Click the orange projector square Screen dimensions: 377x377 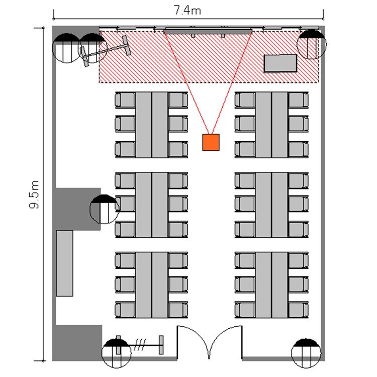pyautogui.click(x=211, y=142)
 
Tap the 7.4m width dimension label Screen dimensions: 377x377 pyautogui.click(x=187, y=10)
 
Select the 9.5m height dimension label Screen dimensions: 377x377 pyautogui.click(x=34, y=195)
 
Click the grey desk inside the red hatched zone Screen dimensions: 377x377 pyautogui.click(x=280, y=63)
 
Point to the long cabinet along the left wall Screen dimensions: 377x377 pyautogui.click(x=65, y=263)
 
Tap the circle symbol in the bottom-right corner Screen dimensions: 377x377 pyautogui.click(x=306, y=353)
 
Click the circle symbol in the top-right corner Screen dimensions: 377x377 pyautogui.click(x=312, y=44)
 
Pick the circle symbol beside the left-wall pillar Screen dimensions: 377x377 pyautogui.click(x=105, y=209)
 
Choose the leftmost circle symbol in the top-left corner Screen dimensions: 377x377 pyautogui.click(x=67, y=48)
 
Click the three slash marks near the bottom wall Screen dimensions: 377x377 pyautogui.click(x=140, y=345)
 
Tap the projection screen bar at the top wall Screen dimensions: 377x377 pyautogui.click(x=208, y=31)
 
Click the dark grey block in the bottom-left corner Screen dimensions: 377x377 pyautogui.click(x=77, y=343)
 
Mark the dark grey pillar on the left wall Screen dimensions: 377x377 pyautogui.click(x=76, y=209)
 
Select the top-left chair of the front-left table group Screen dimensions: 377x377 pyautogui.click(x=125, y=100)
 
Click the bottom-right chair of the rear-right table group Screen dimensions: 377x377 pyautogui.click(x=299, y=310)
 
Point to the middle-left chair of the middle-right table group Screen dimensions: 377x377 pyautogui.click(x=245, y=204)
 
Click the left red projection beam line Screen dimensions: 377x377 pyautogui.click(x=186, y=83)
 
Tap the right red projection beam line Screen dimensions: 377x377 pyautogui.click(x=232, y=83)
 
